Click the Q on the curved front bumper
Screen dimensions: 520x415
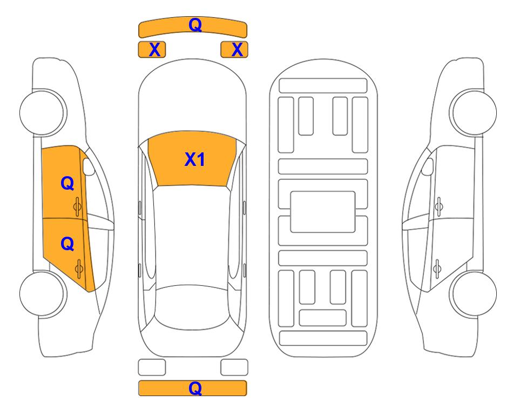click(195, 24)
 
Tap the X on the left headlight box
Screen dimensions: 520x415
click(154, 50)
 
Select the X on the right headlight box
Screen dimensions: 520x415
click(237, 50)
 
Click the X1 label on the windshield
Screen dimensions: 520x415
click(195, 159)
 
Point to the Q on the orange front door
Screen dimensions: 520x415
click(67, 183)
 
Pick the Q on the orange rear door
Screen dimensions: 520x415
click(67, 244)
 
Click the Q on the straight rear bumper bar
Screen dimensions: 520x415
click(195, 388)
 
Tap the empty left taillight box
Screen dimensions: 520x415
click(152, 367)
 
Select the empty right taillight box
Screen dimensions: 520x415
click(234, 367)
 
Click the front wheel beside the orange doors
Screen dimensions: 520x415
click(43, 112)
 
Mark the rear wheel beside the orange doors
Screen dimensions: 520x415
click(43, 293)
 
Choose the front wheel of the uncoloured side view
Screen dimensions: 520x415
click(473, 112)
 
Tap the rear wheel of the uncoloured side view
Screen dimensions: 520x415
click(473, 293)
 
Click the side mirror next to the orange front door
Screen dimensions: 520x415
click(89, 166)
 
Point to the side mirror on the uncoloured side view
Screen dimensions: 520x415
click(427, 166)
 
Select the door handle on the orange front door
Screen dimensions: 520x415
click(78, 206)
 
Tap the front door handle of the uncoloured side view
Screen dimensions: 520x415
click(438, 206)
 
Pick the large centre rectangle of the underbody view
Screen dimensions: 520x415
click(323, 212)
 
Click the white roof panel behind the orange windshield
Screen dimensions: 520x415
click(192, 236)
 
